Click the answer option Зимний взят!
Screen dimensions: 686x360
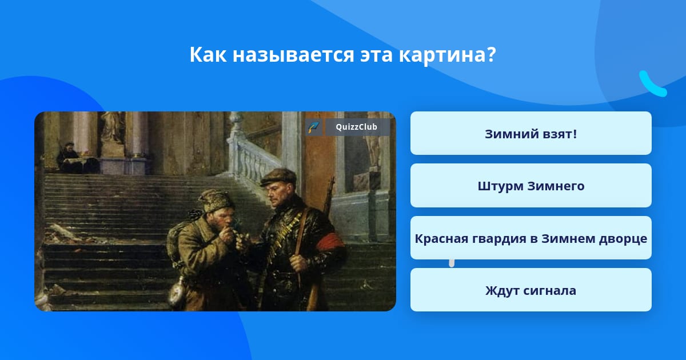[531, 134]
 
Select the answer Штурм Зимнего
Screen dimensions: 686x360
[531, 186]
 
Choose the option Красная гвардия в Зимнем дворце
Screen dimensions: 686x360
[531, 238]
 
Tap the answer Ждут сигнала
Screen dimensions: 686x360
[531, 290]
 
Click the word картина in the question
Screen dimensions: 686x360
[447, 55]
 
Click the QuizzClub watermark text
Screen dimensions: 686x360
[356, 127]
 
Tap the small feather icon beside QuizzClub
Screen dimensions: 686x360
[313, 127]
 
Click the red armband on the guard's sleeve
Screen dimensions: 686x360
[330, 242]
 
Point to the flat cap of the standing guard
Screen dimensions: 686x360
[278, 177]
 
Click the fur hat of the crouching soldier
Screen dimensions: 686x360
[216, 201]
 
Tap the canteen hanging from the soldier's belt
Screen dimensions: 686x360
[178, 291]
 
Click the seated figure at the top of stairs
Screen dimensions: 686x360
[70, 158]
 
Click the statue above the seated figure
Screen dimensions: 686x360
[111, 127]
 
